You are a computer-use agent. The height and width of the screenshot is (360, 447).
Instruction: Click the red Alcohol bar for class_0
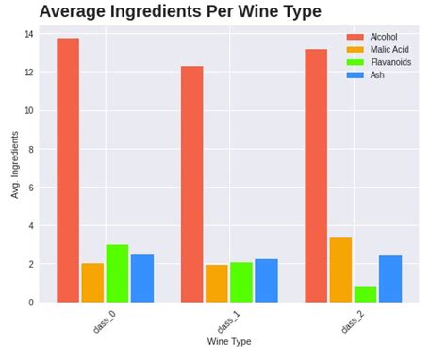[68, 170]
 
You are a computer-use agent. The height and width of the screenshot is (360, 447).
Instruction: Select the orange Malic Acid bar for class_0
[92, 283]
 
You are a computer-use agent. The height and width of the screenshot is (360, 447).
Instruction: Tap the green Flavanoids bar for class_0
[117, 273]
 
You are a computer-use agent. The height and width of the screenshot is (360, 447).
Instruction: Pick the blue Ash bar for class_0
[142, 278]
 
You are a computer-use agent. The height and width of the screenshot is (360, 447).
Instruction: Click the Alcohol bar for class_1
[192, 184]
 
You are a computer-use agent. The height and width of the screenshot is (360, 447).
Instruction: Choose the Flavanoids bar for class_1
[241, 282]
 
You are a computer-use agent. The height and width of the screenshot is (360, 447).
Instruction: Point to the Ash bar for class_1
[266, 280]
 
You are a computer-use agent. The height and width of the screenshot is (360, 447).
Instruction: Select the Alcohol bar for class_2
[316, 175]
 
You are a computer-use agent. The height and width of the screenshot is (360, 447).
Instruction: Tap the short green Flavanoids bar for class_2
[365, 294]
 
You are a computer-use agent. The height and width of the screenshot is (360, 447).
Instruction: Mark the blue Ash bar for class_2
[390, 278]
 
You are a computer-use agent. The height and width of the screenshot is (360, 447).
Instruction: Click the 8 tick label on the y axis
[30, 149]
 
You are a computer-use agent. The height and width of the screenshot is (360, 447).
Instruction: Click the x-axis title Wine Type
[229, 341]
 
